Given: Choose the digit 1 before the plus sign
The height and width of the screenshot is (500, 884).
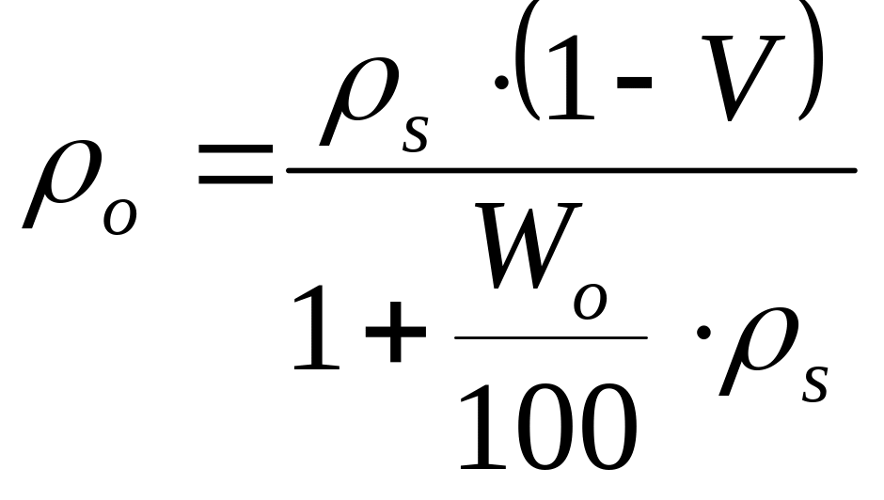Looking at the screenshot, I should pyautogui.click(x=316, y=328).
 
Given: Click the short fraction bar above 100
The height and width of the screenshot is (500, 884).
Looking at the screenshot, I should pyautogui.click(x=551, y=336).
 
